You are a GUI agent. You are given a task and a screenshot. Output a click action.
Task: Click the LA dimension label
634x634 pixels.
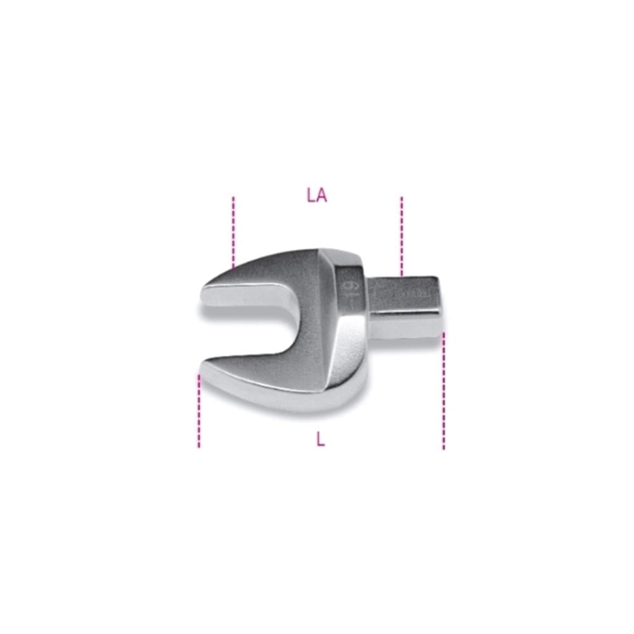click(x=316, y=196)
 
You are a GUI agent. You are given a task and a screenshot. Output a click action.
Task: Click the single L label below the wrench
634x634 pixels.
click(x=321, y=439)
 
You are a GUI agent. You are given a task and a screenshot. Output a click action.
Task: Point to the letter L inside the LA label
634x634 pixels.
click(x=311, y=196)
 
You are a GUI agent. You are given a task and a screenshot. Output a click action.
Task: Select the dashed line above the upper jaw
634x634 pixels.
click(x=233, y=231)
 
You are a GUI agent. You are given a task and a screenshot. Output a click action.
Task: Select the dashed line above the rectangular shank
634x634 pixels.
click(x=401, y=235)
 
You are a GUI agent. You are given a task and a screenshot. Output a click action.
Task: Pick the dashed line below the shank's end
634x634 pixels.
click(x=443, y=390)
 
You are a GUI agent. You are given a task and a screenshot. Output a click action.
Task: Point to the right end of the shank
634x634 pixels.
click(x=437, y=304)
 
